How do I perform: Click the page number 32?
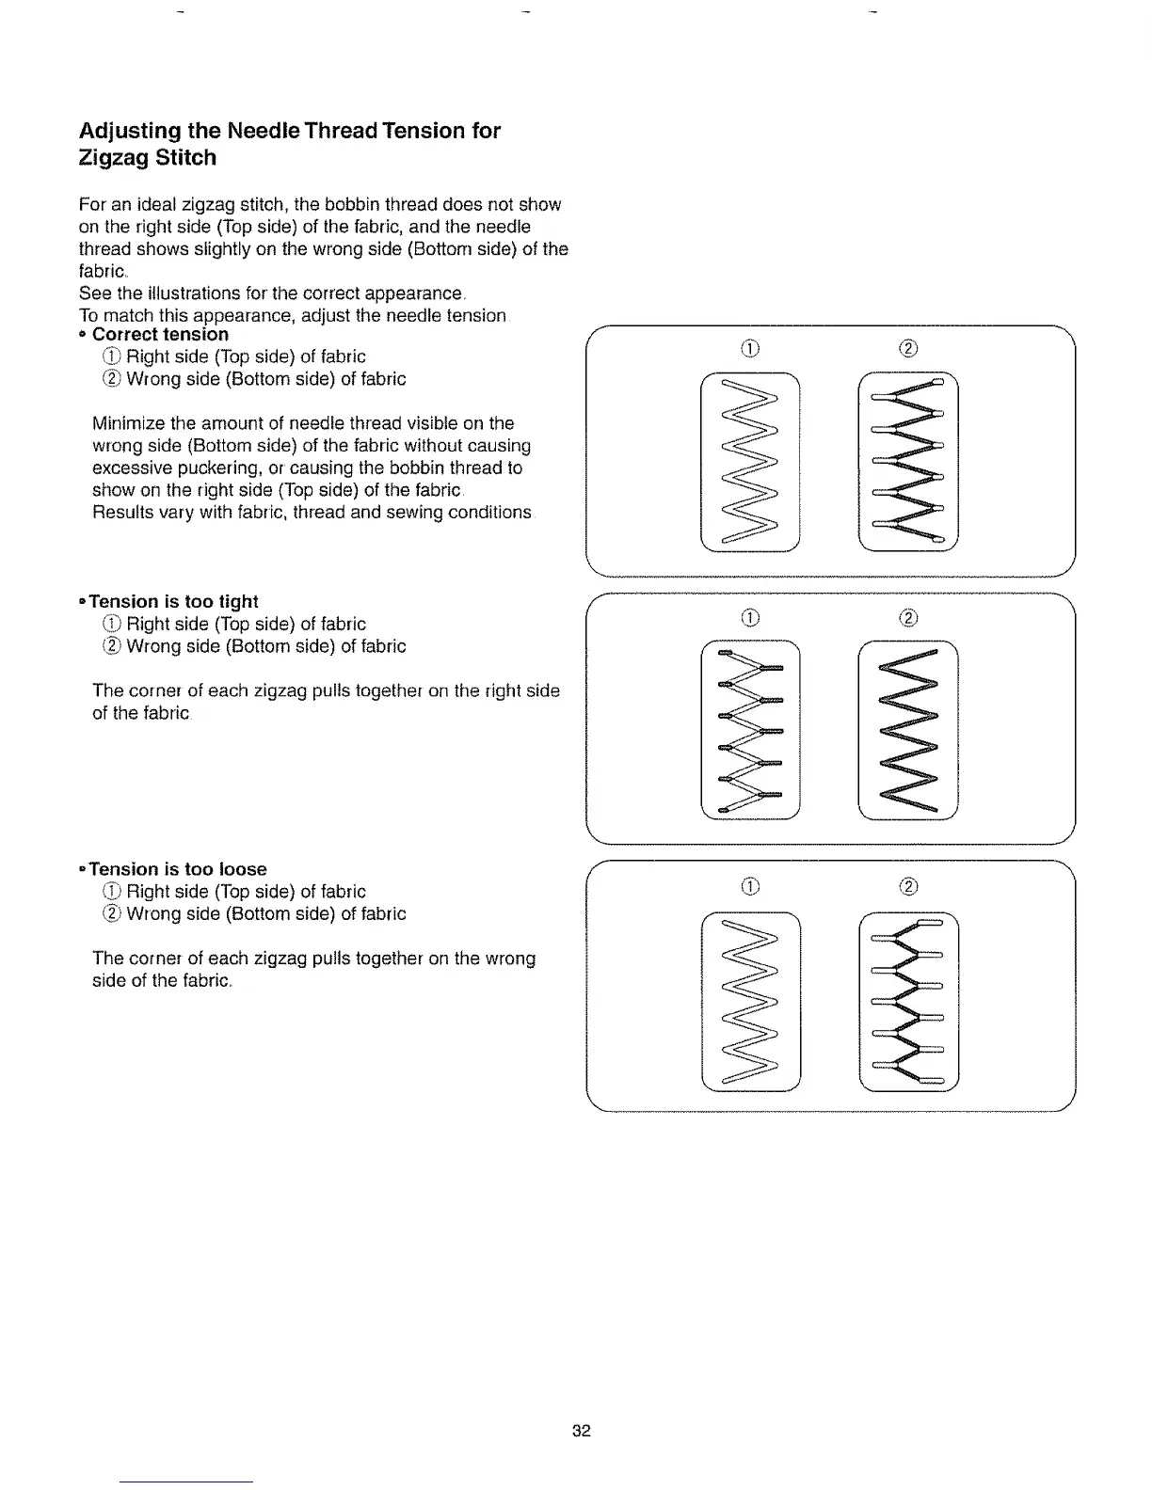click(581, 1431)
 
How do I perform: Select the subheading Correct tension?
click(160, 335)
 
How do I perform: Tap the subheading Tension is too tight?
click(173, 602)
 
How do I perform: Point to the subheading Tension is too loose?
click(178, 870)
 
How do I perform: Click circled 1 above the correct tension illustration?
click(750, 350)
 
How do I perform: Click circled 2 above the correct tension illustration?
click(908, 350)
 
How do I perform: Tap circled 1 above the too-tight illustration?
click(750, 618)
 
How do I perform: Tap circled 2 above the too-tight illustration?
click(908, 618)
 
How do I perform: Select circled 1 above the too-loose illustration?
click(750, 886)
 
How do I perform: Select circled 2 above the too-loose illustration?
click(908, 886)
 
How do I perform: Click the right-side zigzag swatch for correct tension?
click(750, 461)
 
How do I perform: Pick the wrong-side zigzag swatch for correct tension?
click(908, 461)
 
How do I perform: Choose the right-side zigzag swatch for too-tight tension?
click(750, 729)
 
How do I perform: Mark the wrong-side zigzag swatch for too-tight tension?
click(908, 729)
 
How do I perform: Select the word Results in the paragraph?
click(124, 513)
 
